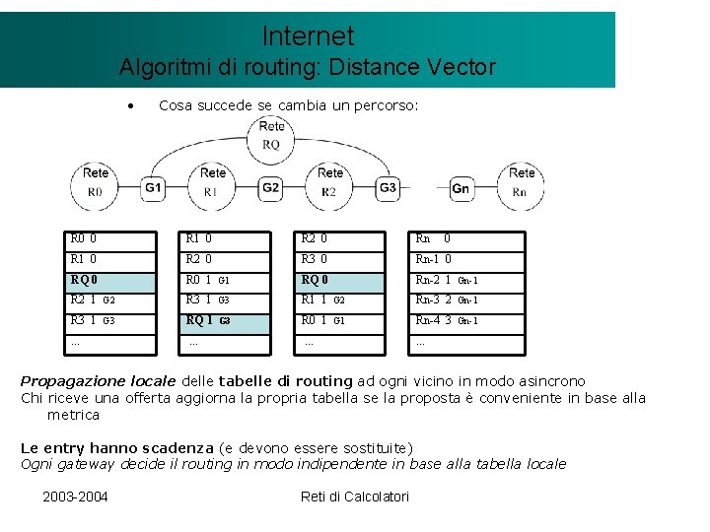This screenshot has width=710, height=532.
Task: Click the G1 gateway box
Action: (153, 187)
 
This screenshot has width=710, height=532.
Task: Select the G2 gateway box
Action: (271, 187)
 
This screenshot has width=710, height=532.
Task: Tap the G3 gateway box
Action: (388, 187)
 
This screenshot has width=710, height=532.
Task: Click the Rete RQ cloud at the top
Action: (271, 135)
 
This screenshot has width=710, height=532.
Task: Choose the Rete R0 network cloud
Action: (95, 183)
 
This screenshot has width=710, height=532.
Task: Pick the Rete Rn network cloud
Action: (522, 183)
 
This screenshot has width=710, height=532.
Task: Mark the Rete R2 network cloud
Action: (329, 183)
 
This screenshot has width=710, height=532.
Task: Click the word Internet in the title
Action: (308, 36)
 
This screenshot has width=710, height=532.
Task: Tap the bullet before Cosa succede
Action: (129, 105)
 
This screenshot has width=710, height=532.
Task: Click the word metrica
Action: (73, 415)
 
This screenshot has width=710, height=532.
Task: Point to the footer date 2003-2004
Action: (75, 496)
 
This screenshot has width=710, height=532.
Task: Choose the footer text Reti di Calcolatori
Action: (354, 496)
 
